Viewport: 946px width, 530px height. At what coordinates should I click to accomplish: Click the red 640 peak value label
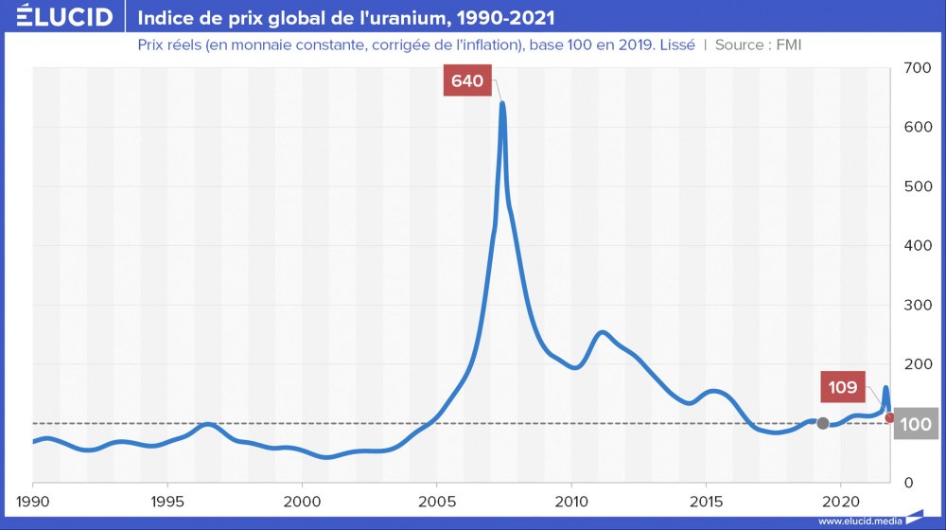click(467, 81)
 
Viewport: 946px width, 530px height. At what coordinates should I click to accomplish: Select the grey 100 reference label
click(916, 424)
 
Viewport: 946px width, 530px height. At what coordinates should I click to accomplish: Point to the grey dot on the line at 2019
click(823, 423)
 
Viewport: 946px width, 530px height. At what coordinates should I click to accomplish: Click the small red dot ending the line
click(890, 417)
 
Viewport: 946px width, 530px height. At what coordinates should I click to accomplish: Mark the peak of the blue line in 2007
click(502, 103)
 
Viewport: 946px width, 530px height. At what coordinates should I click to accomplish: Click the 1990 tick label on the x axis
click(33, 500)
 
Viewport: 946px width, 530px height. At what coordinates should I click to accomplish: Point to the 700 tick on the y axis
click(916, 68)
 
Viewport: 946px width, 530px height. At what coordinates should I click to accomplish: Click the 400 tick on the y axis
click(916, 246)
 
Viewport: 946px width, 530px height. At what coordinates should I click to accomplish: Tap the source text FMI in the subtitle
click(789, 44)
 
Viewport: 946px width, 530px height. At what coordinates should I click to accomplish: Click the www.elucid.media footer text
click(859, 521)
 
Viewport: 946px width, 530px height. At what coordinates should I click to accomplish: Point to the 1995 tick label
click(167, 500)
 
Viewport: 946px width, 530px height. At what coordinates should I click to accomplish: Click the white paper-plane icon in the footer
click(916, 518)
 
